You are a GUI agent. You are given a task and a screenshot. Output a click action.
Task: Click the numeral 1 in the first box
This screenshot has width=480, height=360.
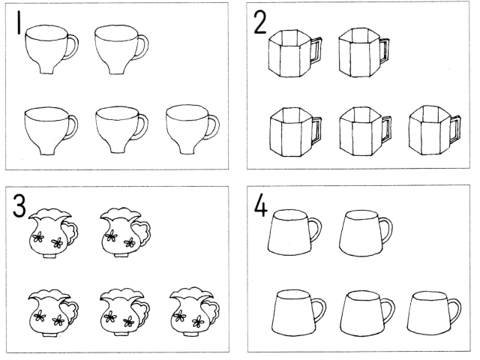19,22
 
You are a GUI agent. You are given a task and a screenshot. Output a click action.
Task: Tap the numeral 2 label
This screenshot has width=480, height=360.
260,23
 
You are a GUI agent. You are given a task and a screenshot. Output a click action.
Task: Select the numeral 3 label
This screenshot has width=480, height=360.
19,207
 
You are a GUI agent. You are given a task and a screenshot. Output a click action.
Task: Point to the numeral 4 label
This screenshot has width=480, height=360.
261,205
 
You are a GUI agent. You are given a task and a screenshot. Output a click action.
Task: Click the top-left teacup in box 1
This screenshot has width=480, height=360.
52,49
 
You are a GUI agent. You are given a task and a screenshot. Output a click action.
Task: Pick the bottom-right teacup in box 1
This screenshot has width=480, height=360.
193,130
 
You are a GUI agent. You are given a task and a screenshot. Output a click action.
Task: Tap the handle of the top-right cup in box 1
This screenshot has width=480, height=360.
142,46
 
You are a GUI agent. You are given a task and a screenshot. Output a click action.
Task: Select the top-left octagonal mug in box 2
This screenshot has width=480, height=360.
295,53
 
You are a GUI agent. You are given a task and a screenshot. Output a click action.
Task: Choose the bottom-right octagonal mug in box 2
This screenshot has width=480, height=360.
436,130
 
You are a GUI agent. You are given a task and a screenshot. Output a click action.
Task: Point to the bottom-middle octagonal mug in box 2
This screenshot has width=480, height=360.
365,132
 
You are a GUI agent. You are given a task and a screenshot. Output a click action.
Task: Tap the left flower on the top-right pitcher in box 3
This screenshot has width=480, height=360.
110,237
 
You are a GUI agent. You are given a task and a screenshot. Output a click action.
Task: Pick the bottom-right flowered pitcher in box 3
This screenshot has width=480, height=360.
195,312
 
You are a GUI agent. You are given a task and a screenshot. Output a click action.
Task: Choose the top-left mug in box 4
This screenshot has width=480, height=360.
295,232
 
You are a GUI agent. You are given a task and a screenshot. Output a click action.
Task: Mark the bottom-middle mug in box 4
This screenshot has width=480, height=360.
367,313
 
